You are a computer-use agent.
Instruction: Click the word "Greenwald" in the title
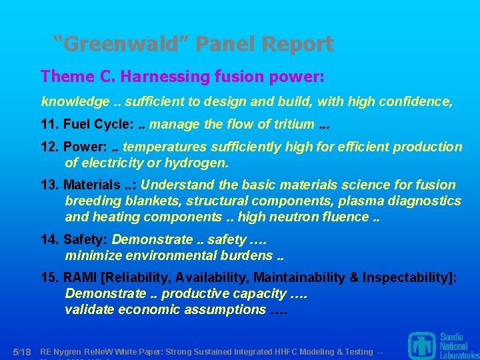(125, 44)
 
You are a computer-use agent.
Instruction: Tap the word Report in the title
(298, 44)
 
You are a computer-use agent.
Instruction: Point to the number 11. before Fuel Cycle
(50, 124)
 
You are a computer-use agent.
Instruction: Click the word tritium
(291, 124)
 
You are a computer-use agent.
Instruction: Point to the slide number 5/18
(23, 351)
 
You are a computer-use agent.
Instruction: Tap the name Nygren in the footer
(69, 351)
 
